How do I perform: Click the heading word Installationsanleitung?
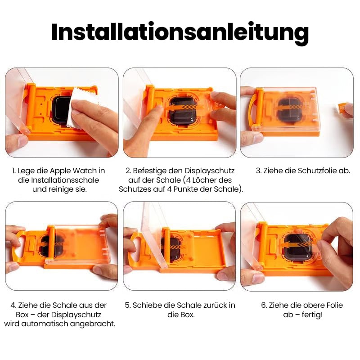coord(180,32)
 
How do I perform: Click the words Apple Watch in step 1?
coord(73,171)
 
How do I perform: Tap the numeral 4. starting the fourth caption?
coord(13,306)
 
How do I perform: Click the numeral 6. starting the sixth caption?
coord(264,306)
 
